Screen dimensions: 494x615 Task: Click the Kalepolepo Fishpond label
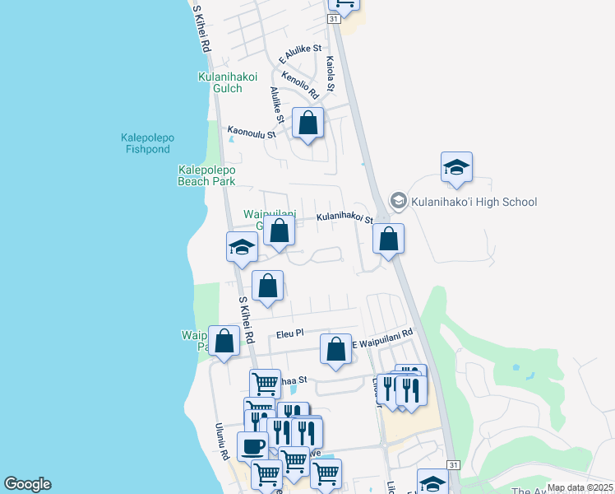[148, 142]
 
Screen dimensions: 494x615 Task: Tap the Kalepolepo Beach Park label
[207, 175]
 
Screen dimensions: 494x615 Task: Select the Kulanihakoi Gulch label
[220, 82]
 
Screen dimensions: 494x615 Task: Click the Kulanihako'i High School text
[474, 202]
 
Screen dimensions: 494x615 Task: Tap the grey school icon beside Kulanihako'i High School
[399, 201]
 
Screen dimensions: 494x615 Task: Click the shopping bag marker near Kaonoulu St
[307, 124]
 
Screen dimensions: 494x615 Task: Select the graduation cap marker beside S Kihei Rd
[242, 247]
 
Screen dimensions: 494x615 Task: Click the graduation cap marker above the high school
[456, 168]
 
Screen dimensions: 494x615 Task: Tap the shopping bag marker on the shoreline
[224, 342]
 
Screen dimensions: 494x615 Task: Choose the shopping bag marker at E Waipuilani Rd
[335, 349]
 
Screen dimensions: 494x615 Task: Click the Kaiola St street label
[331, 73]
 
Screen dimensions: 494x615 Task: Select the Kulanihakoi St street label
[345, 219]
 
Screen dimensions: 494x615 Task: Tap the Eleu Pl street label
[290, 333]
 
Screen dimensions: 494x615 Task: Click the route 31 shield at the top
[333, 18]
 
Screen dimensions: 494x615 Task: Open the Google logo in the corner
[27, 484]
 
